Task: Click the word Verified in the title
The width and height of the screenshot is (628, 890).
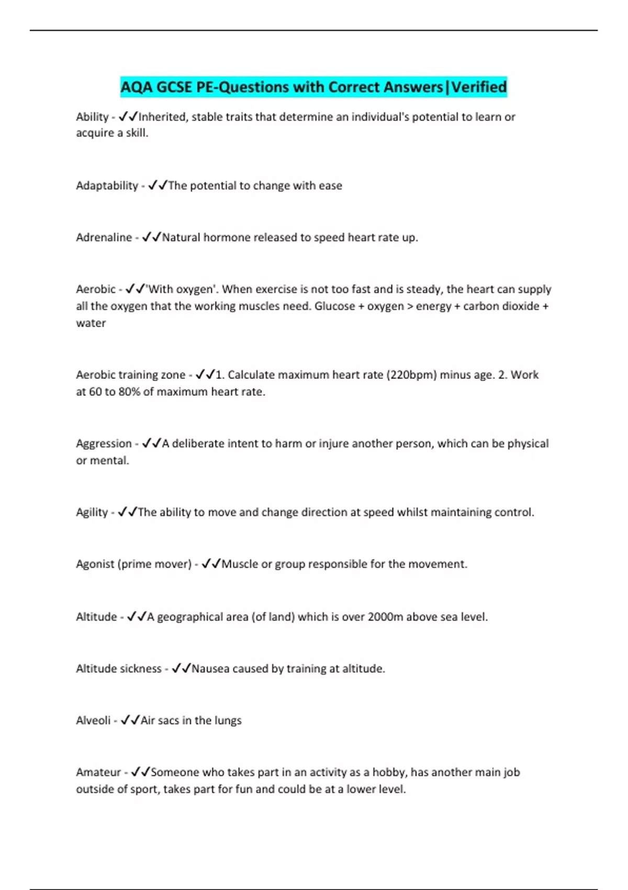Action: (479, 87)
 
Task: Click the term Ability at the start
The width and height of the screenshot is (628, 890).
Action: (92, 117)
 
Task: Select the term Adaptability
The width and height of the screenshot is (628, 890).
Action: (107, 185)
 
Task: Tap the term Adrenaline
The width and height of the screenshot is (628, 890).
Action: (104, 237)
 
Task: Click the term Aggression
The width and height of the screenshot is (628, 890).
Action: (104, 443)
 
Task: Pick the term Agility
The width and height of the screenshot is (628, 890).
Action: (92, 512)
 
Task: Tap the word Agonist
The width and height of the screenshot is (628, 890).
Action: (95, 564)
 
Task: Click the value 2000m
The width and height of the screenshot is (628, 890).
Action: (385, 617)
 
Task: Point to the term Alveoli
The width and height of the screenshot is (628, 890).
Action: (93, 720)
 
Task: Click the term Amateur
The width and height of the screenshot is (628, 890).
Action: (98, 772)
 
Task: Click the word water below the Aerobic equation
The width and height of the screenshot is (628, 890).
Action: (91, 323)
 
